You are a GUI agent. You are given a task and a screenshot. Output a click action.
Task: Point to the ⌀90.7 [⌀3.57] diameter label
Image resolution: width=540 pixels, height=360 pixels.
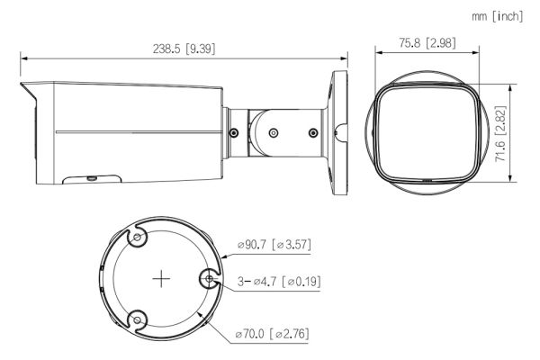(274, 244)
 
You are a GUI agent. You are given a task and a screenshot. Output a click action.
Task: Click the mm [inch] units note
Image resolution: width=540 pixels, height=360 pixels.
(496, 15)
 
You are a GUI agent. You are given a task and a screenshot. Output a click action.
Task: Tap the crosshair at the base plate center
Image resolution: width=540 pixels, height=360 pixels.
(160, 279)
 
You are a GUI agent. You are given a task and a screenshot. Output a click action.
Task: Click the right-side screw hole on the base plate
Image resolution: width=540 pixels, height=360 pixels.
(209, 280)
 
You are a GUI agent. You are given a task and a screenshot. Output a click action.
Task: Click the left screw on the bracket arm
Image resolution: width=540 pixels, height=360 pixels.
(233, 133)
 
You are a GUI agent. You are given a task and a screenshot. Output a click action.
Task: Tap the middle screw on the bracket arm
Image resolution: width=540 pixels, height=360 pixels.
(273, 132)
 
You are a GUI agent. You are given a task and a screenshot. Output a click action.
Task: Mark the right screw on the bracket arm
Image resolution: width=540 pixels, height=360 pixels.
(311, 133)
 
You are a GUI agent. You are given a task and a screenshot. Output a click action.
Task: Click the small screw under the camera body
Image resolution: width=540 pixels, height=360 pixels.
(92, 177)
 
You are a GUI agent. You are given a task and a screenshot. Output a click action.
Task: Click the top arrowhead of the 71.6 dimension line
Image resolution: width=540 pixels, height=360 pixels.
(511, 86)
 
